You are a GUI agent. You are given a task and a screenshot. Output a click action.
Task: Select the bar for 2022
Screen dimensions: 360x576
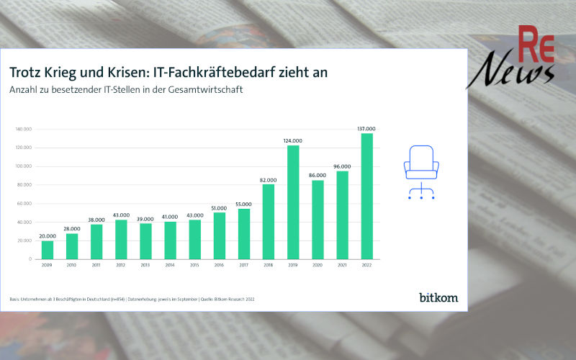point(366,196)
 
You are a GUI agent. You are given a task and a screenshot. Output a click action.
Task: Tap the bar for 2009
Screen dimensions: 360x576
point(48,249)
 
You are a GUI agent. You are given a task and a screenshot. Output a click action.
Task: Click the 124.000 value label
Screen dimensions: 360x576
point(293,140)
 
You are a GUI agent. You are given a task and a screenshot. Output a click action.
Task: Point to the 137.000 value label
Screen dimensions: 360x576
point(366,129)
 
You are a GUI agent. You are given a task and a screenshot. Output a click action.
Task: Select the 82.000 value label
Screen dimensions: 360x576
point(269,179)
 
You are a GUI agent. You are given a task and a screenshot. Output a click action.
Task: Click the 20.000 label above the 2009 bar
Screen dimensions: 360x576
point(48,235)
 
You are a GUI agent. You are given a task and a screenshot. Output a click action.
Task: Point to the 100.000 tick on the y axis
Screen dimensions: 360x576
point(25,166)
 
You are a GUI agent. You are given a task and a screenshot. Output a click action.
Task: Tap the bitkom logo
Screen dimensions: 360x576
point(438,297)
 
